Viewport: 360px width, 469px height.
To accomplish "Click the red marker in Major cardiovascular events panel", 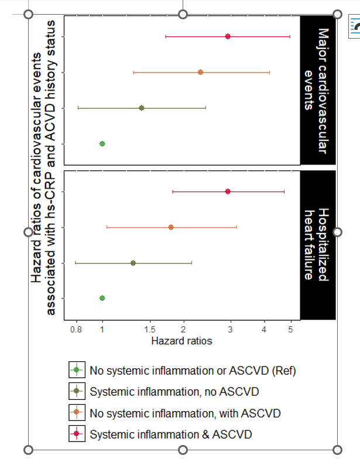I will [228, 36].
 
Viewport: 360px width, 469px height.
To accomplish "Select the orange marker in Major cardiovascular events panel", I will [200, 72].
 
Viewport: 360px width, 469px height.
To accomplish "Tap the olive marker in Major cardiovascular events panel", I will [141, 108].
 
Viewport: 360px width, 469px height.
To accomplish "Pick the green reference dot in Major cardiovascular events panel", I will [102, 143].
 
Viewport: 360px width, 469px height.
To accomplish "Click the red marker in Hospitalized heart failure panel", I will [228, 191].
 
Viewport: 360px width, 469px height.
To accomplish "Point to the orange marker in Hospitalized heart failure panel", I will [171, 227].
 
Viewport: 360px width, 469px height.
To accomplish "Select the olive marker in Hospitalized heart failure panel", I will [133, 263].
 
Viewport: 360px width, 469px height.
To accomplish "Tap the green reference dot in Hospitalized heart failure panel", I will [102, 298].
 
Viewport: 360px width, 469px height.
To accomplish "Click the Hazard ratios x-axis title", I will [181, 341].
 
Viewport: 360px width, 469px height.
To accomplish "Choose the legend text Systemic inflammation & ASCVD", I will [170, 434].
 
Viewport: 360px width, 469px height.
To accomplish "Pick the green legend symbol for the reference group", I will [77, 371].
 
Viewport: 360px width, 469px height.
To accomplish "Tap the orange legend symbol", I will [77, 413].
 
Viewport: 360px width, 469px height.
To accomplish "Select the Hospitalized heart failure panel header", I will [318, 245].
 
